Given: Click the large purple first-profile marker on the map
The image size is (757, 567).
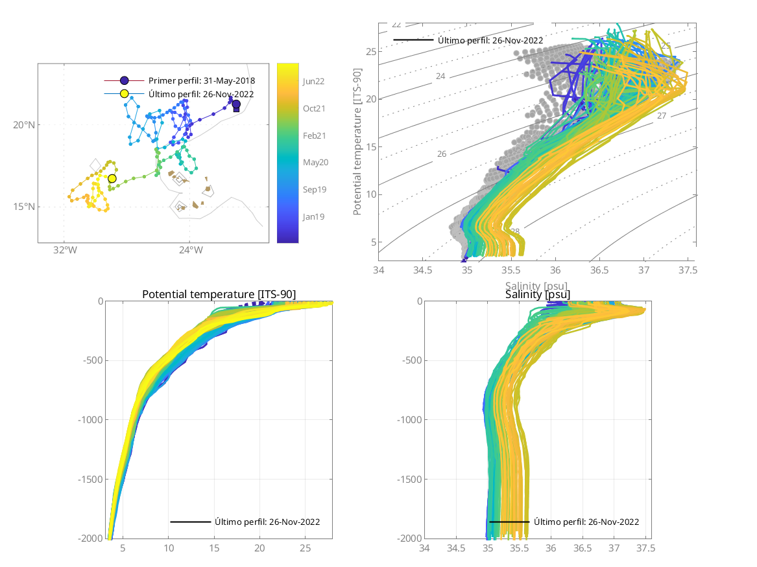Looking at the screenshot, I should (236, 104).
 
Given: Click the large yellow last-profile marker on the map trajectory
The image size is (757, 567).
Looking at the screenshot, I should (112, 178).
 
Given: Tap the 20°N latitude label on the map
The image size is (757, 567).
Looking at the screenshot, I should (24, 125).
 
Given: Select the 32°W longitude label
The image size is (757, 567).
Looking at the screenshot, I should (64, 250).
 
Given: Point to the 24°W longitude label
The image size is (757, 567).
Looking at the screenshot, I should (189, 250).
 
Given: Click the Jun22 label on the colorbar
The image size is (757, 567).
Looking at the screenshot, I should (314, 81).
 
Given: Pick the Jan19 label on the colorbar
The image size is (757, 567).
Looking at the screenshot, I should (314, 216).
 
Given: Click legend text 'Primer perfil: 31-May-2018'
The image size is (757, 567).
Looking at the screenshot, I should (202, 81).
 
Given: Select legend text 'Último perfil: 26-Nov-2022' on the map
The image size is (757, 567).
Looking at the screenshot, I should (201, 94).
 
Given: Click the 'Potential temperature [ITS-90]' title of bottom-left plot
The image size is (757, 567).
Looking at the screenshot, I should (219, 295).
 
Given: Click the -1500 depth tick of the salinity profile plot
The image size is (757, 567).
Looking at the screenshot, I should (403, 479).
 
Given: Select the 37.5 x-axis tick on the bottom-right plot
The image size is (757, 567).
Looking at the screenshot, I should (646, 548).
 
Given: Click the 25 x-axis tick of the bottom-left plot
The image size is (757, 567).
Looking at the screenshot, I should (305, 548).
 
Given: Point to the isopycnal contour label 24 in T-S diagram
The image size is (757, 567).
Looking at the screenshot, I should (440, 76).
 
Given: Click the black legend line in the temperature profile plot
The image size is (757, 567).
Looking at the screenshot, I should (190, 522).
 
